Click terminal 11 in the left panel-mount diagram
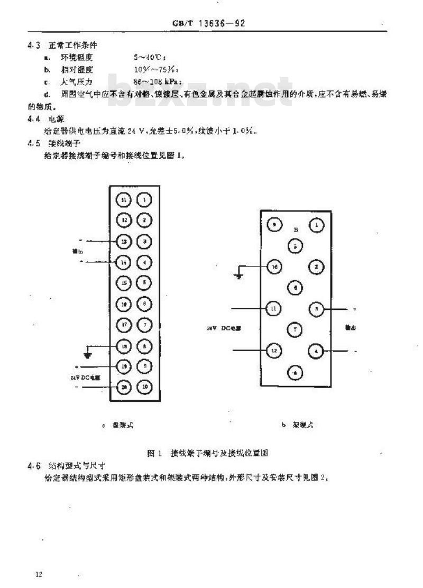[x=124, y=200]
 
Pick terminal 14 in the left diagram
[x=124, y=261]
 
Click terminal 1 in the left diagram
[x=144, y=200]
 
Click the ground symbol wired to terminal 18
[x=88, y=353]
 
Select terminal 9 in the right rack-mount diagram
[x=274, y=225]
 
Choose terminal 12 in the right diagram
[x=274, y=350]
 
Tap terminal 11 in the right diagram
[x=274, y=308]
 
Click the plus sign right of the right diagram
[x=354, y=308]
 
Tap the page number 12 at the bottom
[x=39, y=574]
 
